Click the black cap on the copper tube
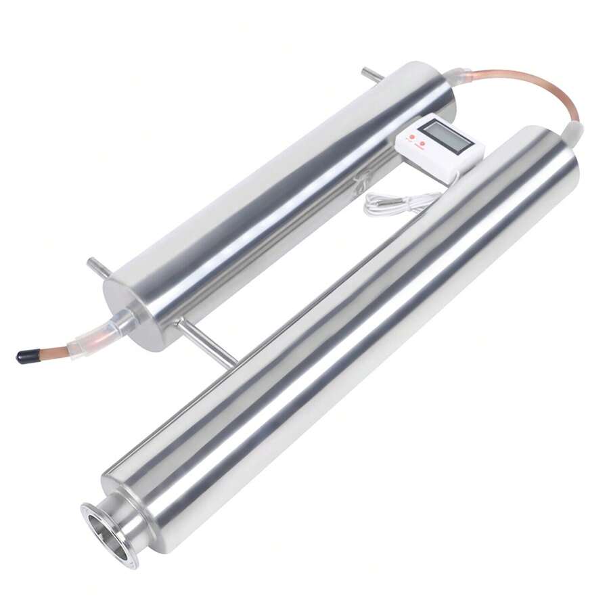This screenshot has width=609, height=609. click(28, 356)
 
